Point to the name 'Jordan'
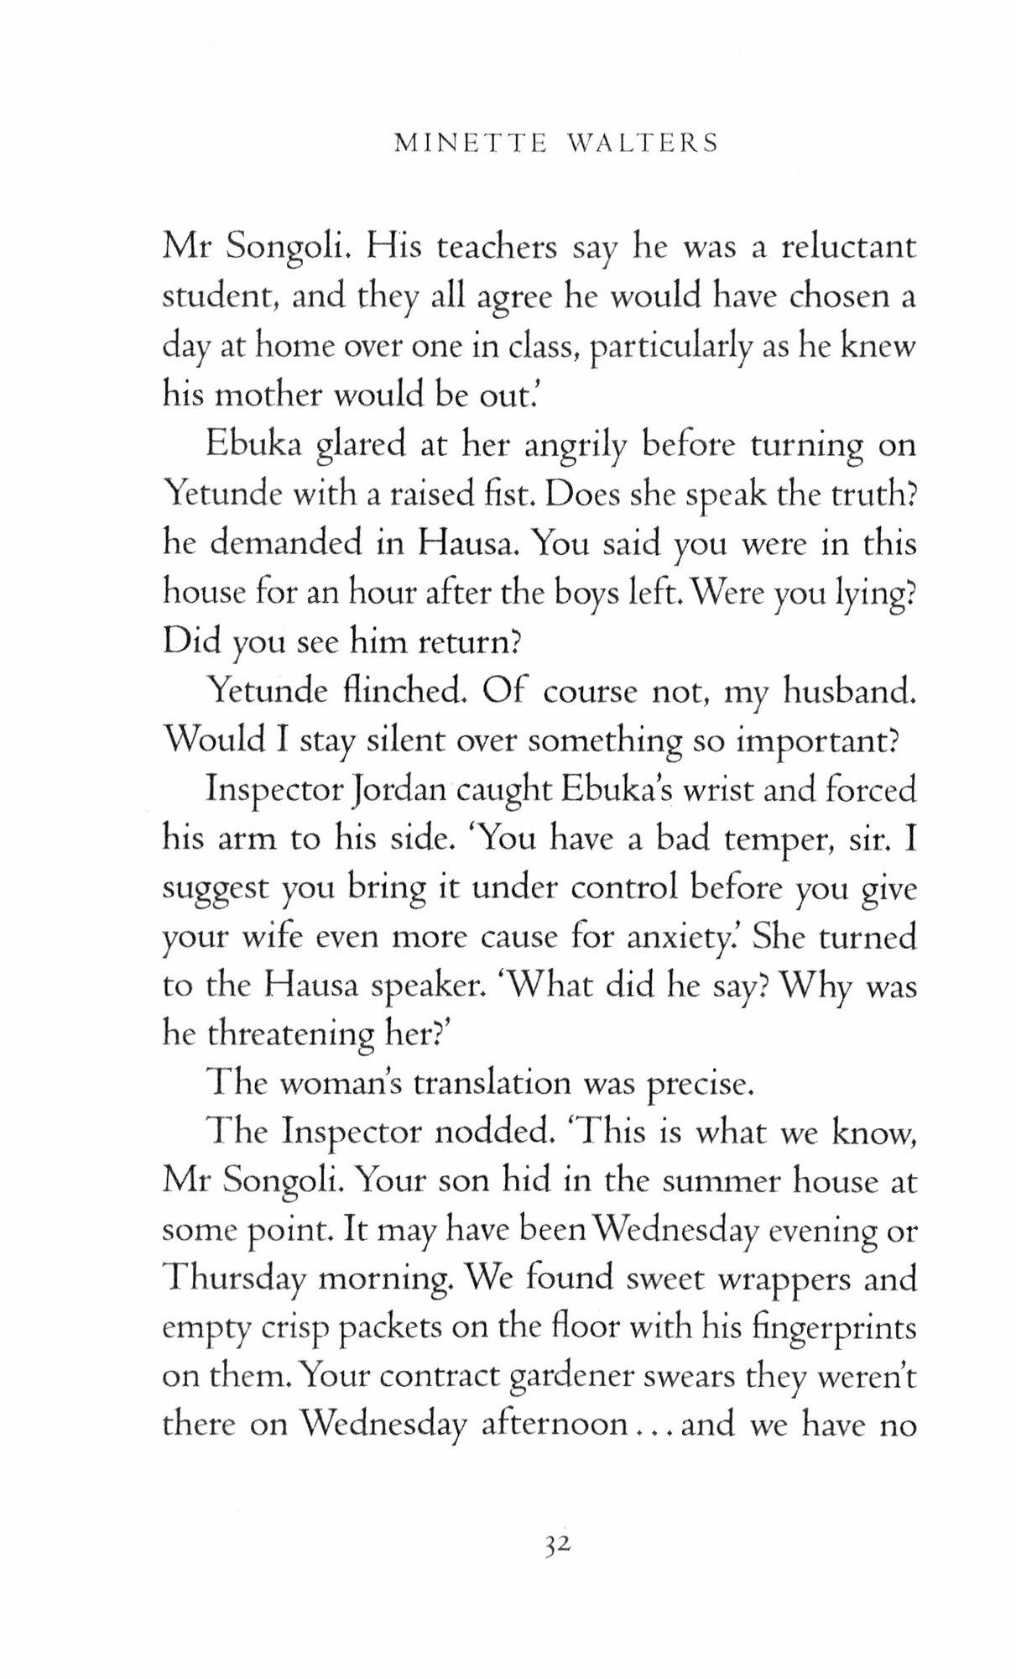point(386,791)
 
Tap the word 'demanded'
point(285,544)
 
